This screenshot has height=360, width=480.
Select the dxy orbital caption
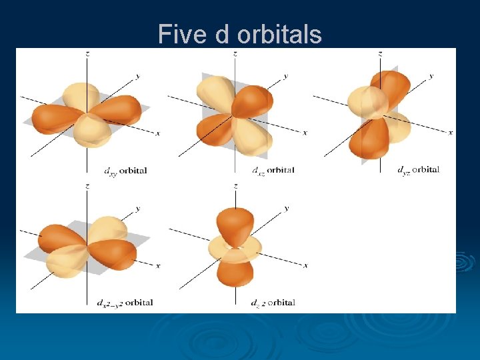click(125, 170)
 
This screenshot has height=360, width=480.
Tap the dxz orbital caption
click(273, 170)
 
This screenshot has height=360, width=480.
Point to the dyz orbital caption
click(418, 170)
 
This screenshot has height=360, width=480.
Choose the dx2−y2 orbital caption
click(125, 303)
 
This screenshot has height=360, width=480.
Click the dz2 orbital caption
click(273, 303)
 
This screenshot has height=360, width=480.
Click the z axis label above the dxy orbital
click(87, 52)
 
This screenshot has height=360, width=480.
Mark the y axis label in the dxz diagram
click(285, 76)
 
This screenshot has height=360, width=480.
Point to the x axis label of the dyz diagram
click(451, 133)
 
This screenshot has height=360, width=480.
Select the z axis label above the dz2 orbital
click(235, 185)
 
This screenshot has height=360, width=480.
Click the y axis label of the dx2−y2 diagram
click(138, 209)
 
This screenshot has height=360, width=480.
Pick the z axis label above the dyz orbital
click(380, 52)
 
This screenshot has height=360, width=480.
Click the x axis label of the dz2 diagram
click(305, 265)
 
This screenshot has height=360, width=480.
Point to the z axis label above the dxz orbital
click(235, 52)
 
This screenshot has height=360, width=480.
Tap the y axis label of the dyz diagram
click(431, 76)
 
